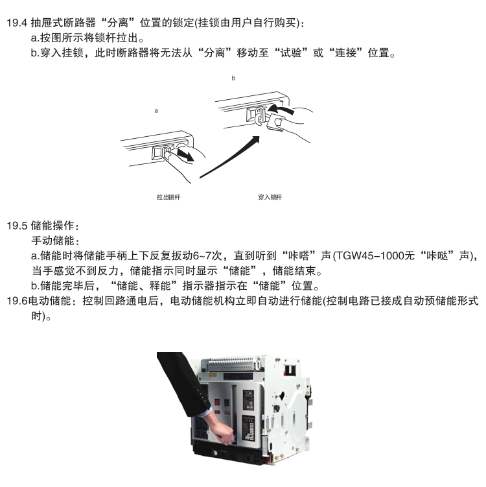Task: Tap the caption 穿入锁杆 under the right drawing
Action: click(270, 196)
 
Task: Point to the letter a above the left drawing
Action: click(156, 111)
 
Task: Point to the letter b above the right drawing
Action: click(233, 78)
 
